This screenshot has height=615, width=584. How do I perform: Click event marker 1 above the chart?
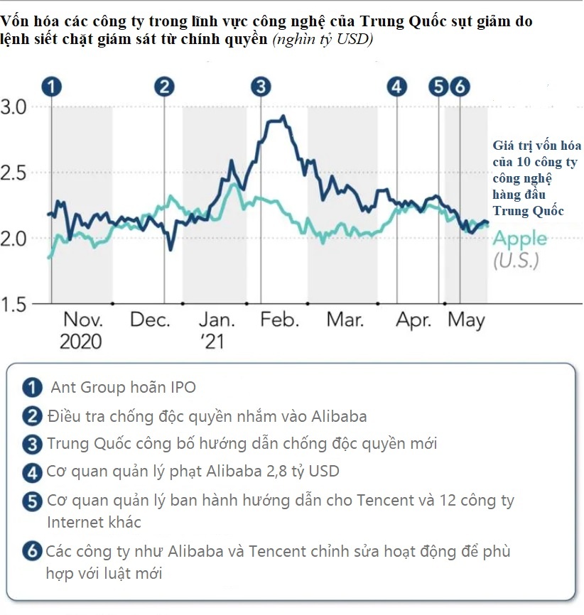click(x=50, y=87)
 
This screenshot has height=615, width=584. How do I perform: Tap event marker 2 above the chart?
click(x=164, y=87)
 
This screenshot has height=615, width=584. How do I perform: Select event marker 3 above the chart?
click(x=261, y=87)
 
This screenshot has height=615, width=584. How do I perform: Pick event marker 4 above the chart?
click(x=396, y=87)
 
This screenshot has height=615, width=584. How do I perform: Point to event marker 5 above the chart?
click(x=439, y=87)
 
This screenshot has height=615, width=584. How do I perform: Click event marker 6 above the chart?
click(x=460, y=87)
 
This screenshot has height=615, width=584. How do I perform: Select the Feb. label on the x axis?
click(x=279, y=320)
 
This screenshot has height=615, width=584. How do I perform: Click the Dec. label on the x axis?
click(x=150, y=320)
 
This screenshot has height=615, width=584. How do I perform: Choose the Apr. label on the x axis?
click(x=413, y=320)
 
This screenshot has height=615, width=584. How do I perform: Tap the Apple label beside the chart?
click(x=520, y=239)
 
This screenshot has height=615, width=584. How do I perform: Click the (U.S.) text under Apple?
click(x=516, y=260)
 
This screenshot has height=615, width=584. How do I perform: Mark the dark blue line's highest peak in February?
click(x=283, y=116)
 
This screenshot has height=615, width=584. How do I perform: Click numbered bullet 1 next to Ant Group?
click(x=31, y=388)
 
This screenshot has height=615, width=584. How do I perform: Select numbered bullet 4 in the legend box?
click(x=31, y=471)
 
